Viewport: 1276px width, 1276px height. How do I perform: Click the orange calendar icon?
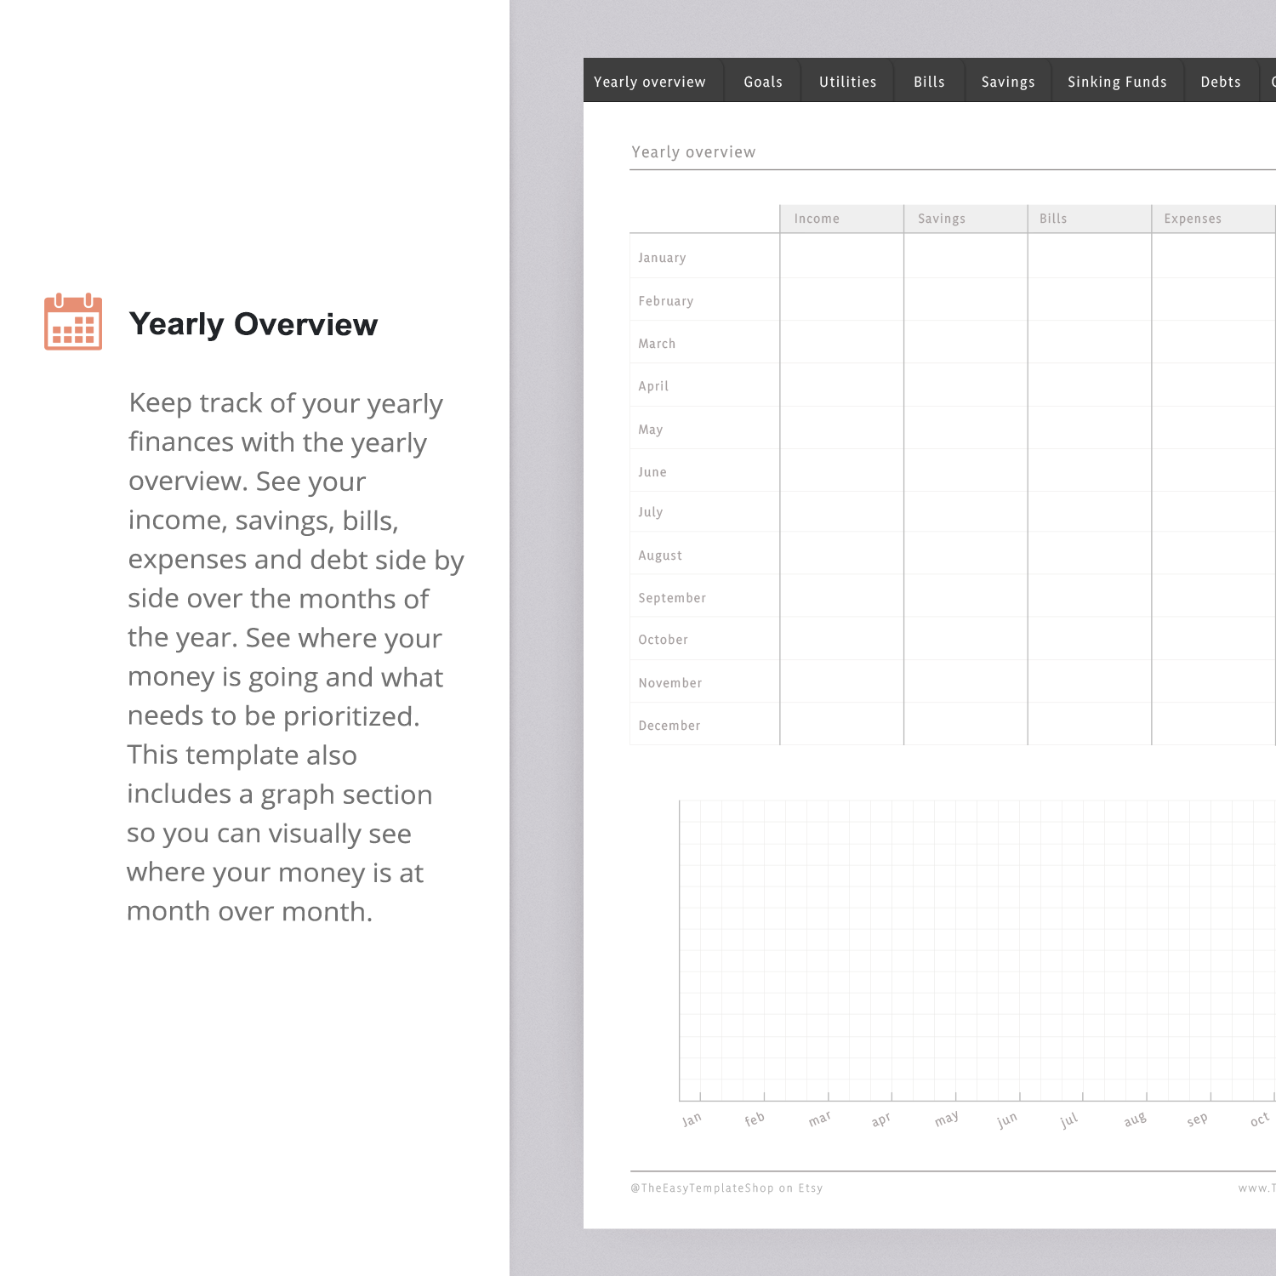[x=73, y=322]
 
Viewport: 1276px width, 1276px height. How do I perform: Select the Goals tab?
[x=763, y=82]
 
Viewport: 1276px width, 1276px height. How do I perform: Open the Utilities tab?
[x=847, y=82]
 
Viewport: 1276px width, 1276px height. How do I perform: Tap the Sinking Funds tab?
[x=1117, y=82]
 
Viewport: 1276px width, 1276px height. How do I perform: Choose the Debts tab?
[x=1221, y=82]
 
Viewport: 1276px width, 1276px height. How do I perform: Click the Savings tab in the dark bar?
[x=1008, y=82]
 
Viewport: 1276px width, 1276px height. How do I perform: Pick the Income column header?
[x=817, y=219]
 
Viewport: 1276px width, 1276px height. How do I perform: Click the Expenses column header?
[x=1193, y=219]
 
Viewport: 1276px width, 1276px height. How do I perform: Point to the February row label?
[x=666, y=301]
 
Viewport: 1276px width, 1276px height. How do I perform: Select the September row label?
[x=672, y=598]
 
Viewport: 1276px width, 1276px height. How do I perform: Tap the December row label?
[x=669, y=726]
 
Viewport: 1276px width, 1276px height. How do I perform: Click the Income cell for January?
[x=841, y=256]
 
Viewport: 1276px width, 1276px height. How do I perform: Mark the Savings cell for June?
[x=966, y=470]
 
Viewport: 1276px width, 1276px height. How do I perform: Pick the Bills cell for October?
[x=1089, y=639]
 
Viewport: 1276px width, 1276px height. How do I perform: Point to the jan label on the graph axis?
[x=692, y=1119]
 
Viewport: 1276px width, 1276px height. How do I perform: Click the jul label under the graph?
[x=1069, y=1119]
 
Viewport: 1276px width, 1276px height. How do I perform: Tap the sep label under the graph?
[x=1197, y=1119]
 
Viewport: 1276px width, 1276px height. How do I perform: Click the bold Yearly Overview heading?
[x=253, y=324]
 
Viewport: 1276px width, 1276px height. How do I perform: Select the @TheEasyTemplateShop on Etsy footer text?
[x=726, y=1188]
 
